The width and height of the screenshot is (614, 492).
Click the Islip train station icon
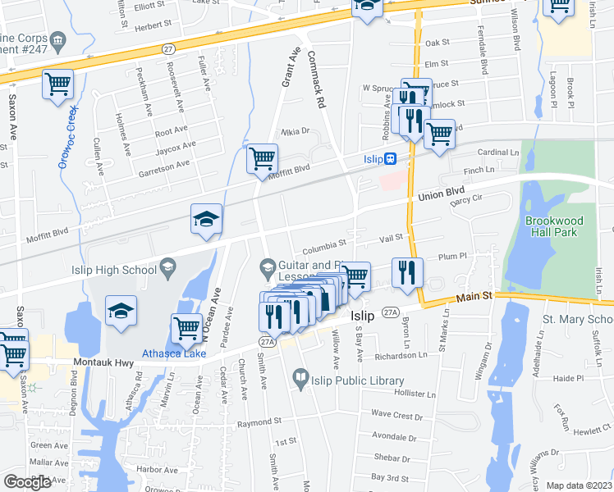click(392, 158)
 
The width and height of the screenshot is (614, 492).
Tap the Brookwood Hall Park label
click(552, 227)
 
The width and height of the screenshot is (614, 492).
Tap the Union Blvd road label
click(441, 194)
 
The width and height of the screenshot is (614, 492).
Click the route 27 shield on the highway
click(167, 50)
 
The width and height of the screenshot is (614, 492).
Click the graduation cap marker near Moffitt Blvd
click(207, 218)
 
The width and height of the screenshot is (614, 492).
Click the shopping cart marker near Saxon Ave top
click(57, 84)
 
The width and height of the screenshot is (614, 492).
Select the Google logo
click(28, 481)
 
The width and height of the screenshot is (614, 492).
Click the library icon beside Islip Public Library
click(300, 380)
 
